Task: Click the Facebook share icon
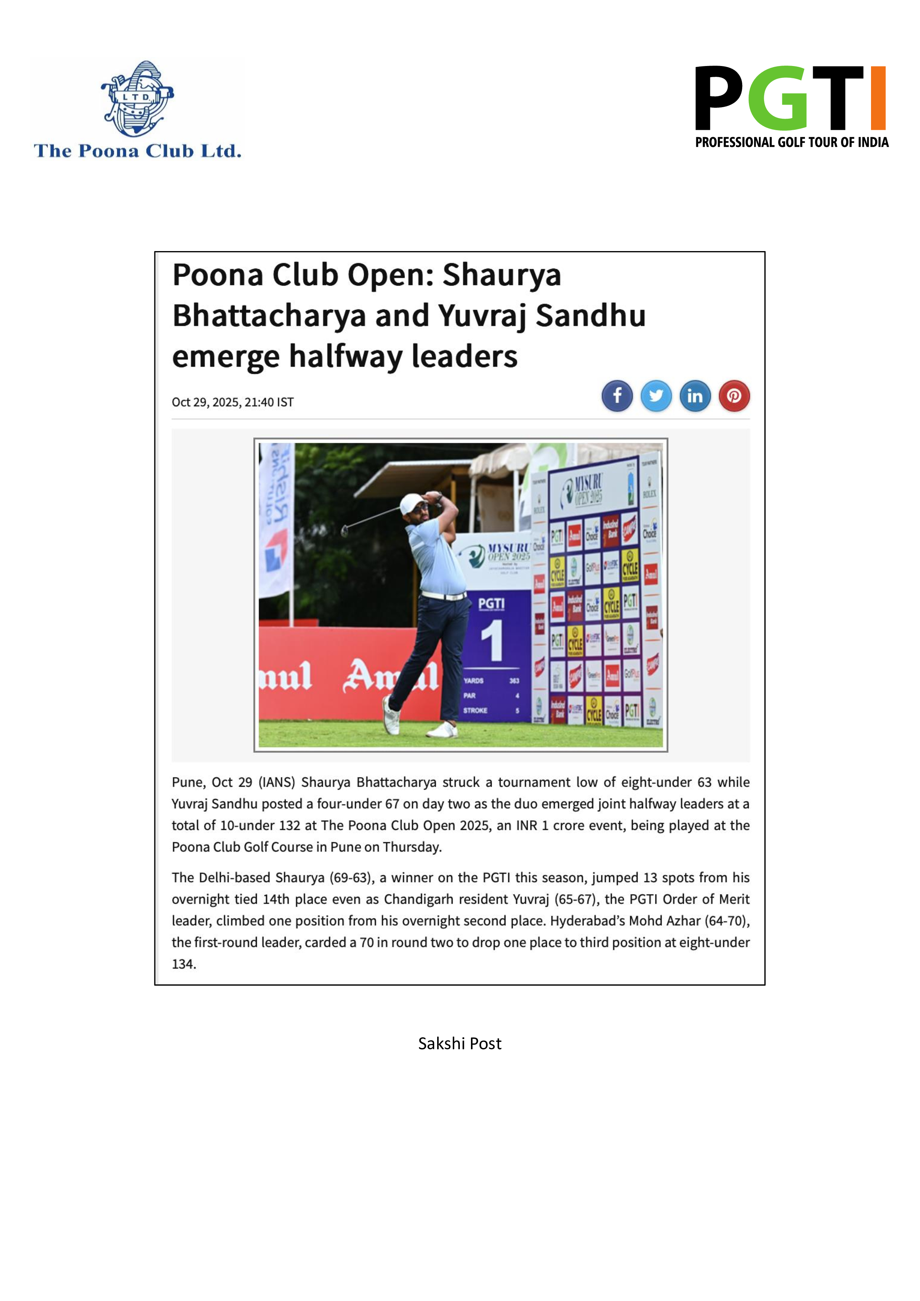[x=617, y=395]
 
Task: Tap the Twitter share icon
[x=656, y=395]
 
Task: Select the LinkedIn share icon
[x=695, y=395]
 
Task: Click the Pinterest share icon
[x=734, y=395]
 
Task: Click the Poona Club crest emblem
[x=138, y=99]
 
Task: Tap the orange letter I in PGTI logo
[x=878, y=98]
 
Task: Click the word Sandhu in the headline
[x=590, y=316]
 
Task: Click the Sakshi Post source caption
[x=460, y=1044]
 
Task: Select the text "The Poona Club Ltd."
[x=138, y=151]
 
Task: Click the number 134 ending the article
[x=184, y=964]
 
